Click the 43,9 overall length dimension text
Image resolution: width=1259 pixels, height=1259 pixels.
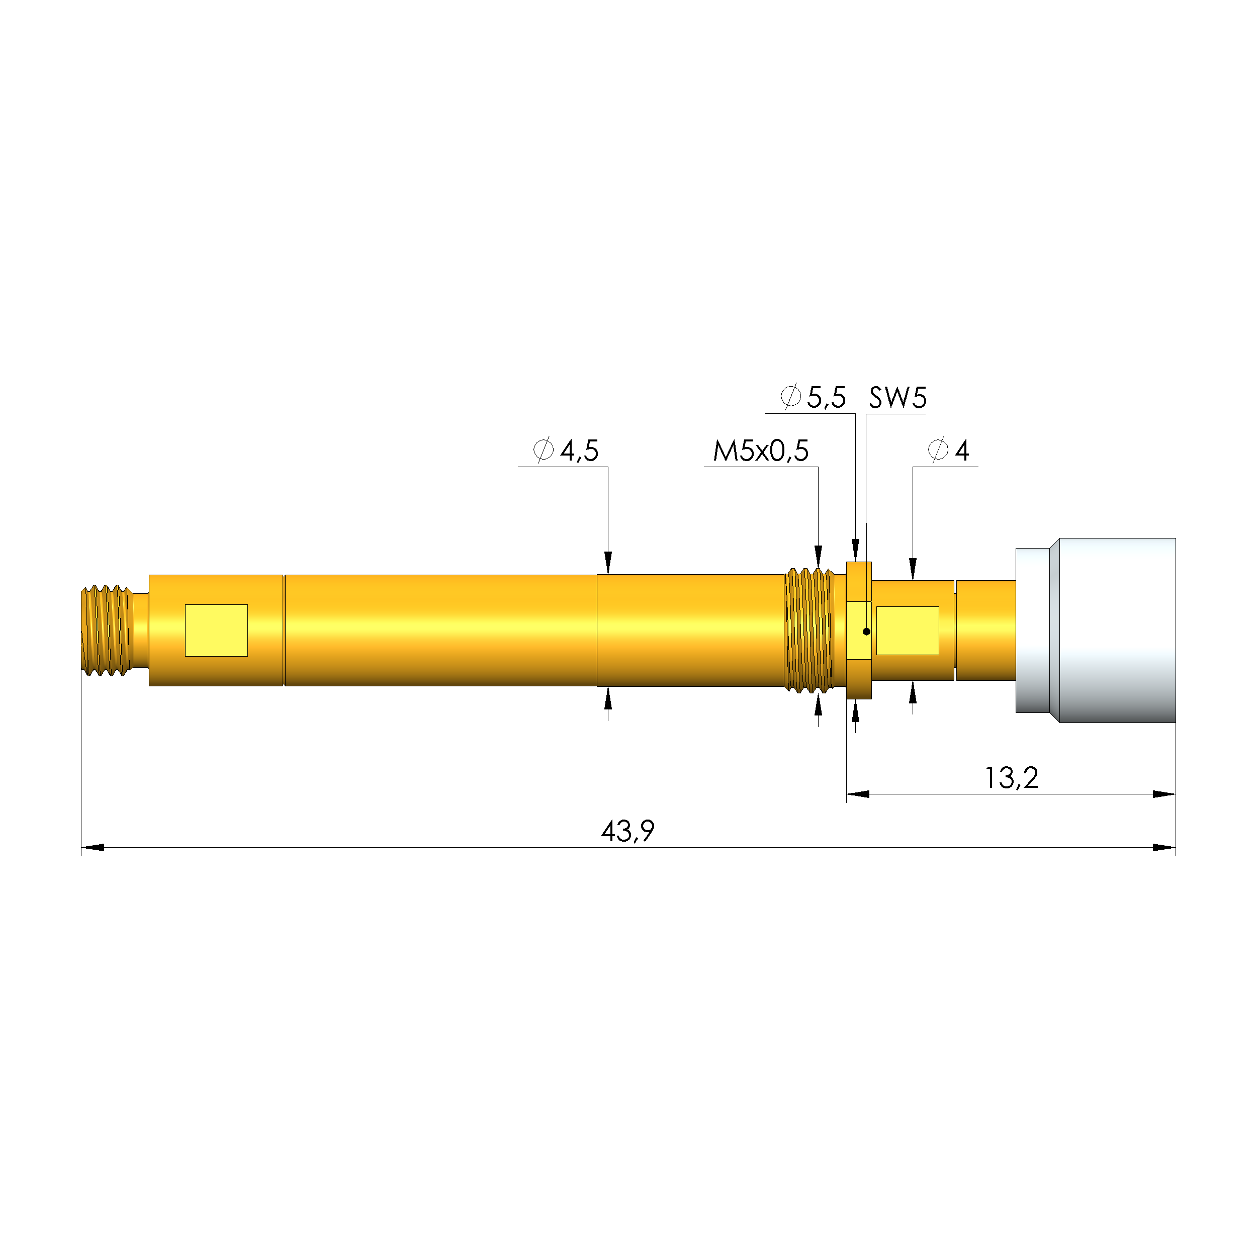point(627,831)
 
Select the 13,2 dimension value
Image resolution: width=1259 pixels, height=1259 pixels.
point(1011,777)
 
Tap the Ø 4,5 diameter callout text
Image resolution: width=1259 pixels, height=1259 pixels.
point(566,451)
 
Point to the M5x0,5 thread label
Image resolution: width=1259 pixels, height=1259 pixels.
point(761,451)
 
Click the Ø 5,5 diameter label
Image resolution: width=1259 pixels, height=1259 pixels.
point(813,397)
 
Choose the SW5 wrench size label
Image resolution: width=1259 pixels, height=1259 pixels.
point(897,398)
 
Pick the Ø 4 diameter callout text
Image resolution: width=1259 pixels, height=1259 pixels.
point(948,451)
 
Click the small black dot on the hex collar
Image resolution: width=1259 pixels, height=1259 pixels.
point(866,632)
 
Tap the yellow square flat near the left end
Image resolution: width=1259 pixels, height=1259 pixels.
point(216,630)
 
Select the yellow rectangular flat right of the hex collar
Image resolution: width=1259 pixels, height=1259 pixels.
point(907,630)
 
